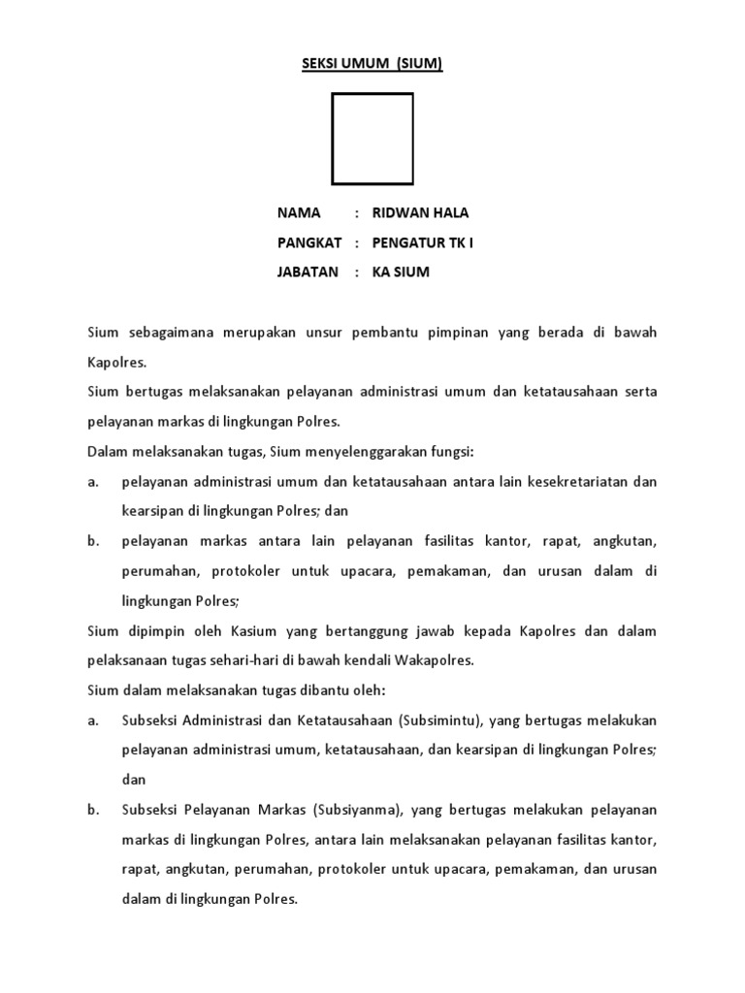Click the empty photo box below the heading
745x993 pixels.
372,139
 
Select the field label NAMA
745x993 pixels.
298,212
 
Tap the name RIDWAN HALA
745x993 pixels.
420,212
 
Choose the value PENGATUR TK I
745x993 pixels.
424,242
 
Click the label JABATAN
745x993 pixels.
308,272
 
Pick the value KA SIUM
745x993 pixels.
401,272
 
